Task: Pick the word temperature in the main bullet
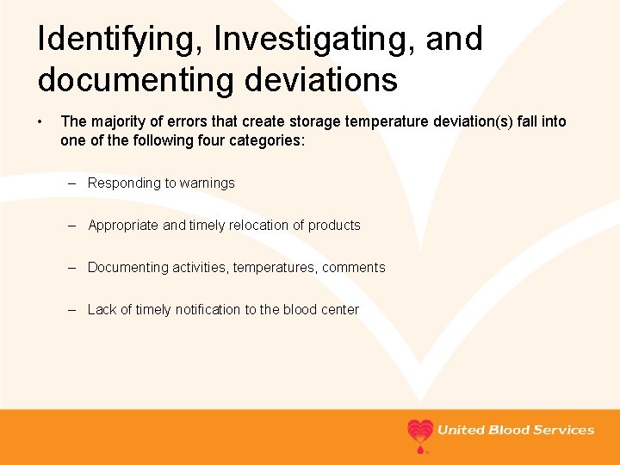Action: pyautogui.click(x=384, y=121)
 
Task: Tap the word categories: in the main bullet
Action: pyautogui.click(x=264, y=140)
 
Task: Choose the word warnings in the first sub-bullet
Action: pyautogui.click(x=207, y=183)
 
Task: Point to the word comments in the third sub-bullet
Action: pyautogui.click(x=353, y=267)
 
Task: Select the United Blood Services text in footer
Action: pyautogui.click(x=516, y=430)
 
